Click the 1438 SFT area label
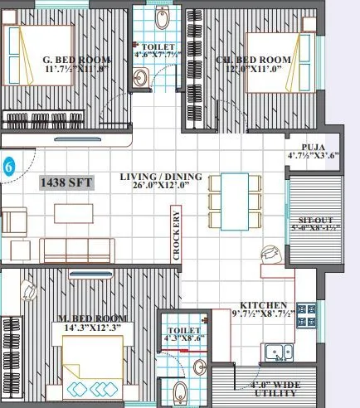67,182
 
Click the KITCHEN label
264,305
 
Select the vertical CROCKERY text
178,236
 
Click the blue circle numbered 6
8,165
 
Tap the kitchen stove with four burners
307,314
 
